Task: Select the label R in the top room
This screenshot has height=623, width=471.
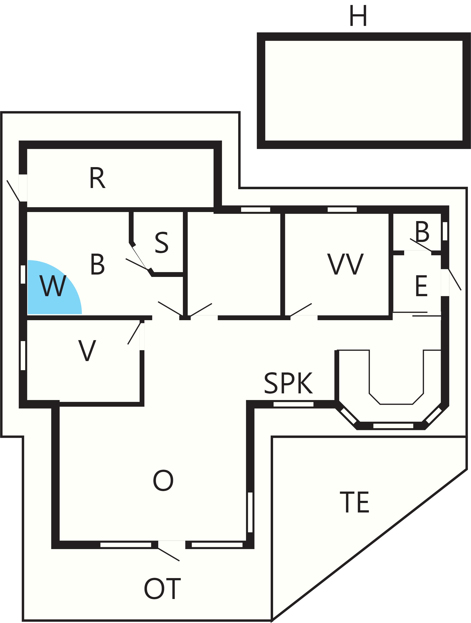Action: click(x=98, y=177)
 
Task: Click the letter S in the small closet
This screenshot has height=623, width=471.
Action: click(x=162, y=242)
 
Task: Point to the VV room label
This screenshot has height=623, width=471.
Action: click(x=346, y=264)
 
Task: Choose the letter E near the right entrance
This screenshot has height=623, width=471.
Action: click(x=421, y=286)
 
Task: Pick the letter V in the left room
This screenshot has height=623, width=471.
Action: click(x=87, y=350)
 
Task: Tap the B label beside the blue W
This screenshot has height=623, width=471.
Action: click(x=98, y=264)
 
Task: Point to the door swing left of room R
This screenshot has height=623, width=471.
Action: click(x=13, y=191)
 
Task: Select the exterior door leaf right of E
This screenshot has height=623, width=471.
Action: click(x=455, y=279)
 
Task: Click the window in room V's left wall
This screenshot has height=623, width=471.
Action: click(x=23, y=355)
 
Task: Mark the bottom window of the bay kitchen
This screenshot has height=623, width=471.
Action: click(x=393, y=426)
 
